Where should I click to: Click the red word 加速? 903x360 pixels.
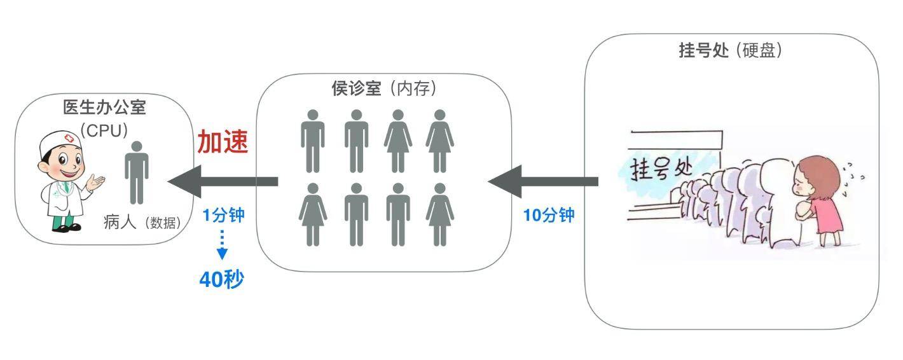pos(222,142)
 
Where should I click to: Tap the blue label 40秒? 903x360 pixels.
pos(221,279)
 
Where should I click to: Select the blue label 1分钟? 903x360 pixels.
pos(223,215)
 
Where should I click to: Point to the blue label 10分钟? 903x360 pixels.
pos(549,216)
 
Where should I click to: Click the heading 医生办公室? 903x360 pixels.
pos(104,107)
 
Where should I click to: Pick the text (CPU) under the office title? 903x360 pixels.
pos(104,130)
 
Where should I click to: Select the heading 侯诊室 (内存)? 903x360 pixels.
pos(384,88)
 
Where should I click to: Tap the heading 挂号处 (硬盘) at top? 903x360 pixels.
pos(730,51)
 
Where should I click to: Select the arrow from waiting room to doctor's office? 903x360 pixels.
pos(223,181)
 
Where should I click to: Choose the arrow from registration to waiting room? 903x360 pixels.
pos(544,181)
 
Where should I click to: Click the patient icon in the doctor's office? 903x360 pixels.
pos(136,172)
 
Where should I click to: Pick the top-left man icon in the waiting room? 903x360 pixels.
pos(312,141)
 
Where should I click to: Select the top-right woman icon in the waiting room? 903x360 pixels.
pos(439,141)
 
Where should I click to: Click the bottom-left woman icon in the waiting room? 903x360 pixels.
pos(312,214)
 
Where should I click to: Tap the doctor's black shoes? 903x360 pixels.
pos(66,227)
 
